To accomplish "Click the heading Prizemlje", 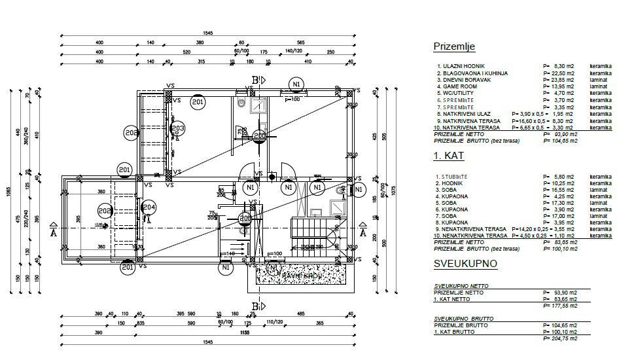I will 454,46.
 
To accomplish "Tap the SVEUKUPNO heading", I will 465,264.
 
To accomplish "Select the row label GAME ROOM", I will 461,86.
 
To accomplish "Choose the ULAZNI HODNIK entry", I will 464,66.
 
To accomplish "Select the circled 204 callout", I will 149,208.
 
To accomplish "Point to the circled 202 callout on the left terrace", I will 105,211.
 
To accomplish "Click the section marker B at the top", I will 255,80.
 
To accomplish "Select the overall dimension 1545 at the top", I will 208,32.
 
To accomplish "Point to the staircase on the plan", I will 311,232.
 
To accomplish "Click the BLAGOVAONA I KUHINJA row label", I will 472,73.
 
